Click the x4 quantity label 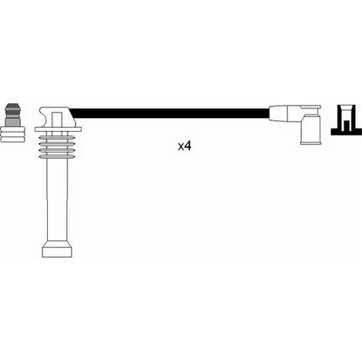tap(185, 146)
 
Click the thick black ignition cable tap(170, 113)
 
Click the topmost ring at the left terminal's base tap(13, 129)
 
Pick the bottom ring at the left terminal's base tap(13, 139)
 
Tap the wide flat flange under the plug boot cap tap(59, 129)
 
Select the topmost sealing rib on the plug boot tap(56, 138)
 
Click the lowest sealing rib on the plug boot tap(56, 156)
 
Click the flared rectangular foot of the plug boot tap(57, 249)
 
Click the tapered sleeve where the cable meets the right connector tap(278, 113)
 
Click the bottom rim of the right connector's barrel tap(310, 142)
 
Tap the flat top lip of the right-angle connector tap(310, 106)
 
